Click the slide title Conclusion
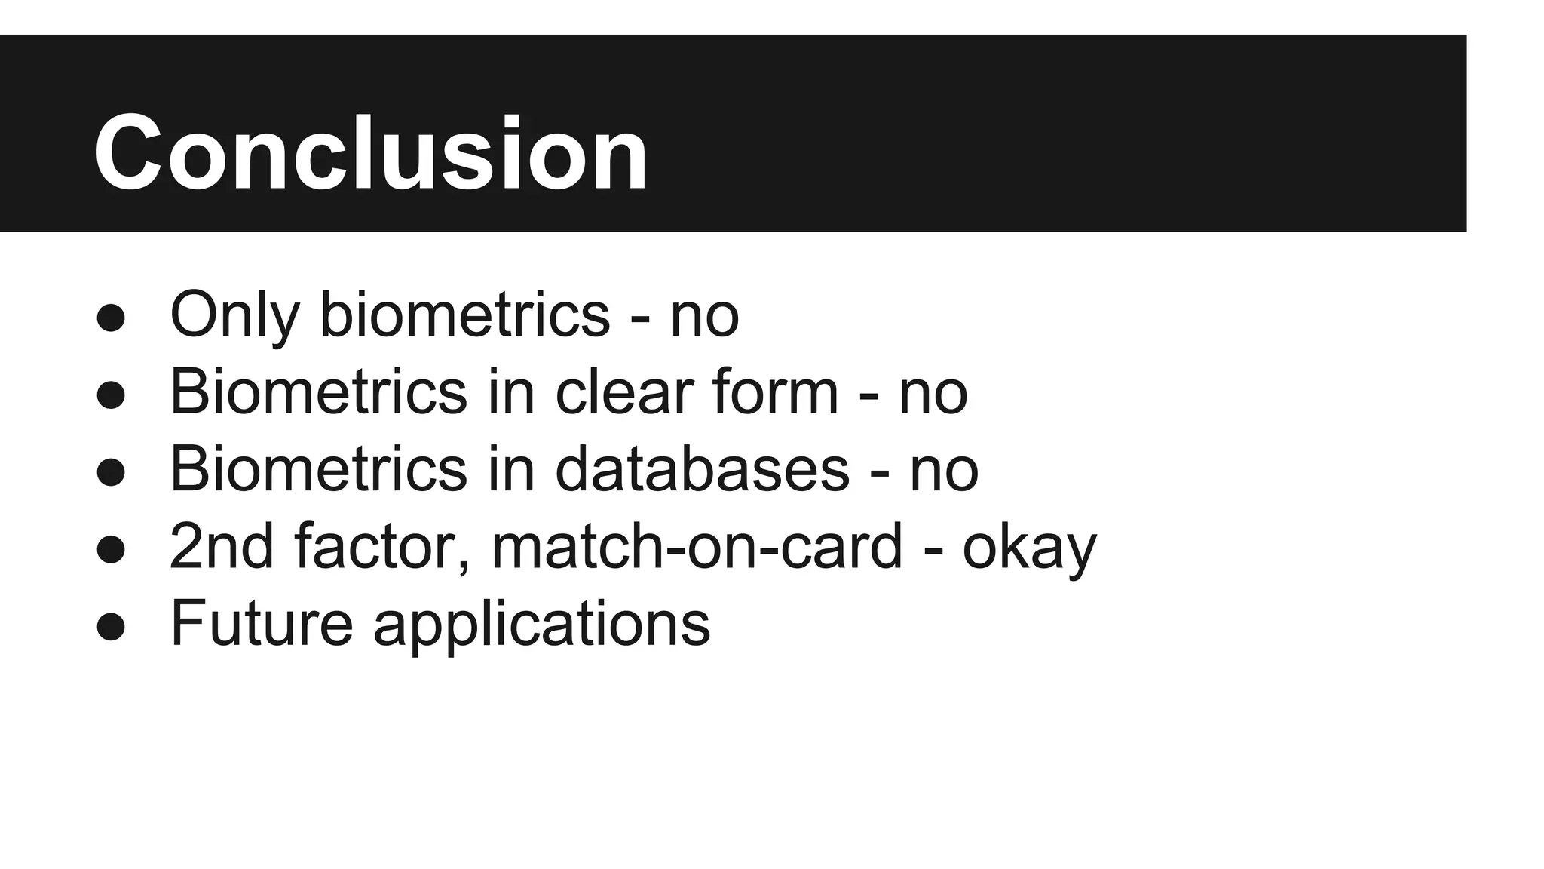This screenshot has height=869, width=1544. click(370, 153)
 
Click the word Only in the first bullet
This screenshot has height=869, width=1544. click(234, 315)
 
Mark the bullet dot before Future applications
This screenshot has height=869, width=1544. click(111, 626)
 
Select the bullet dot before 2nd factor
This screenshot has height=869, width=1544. click(111, 548)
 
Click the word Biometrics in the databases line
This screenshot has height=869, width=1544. click(318, 469)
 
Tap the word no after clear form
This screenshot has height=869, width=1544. click(933, 394)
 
